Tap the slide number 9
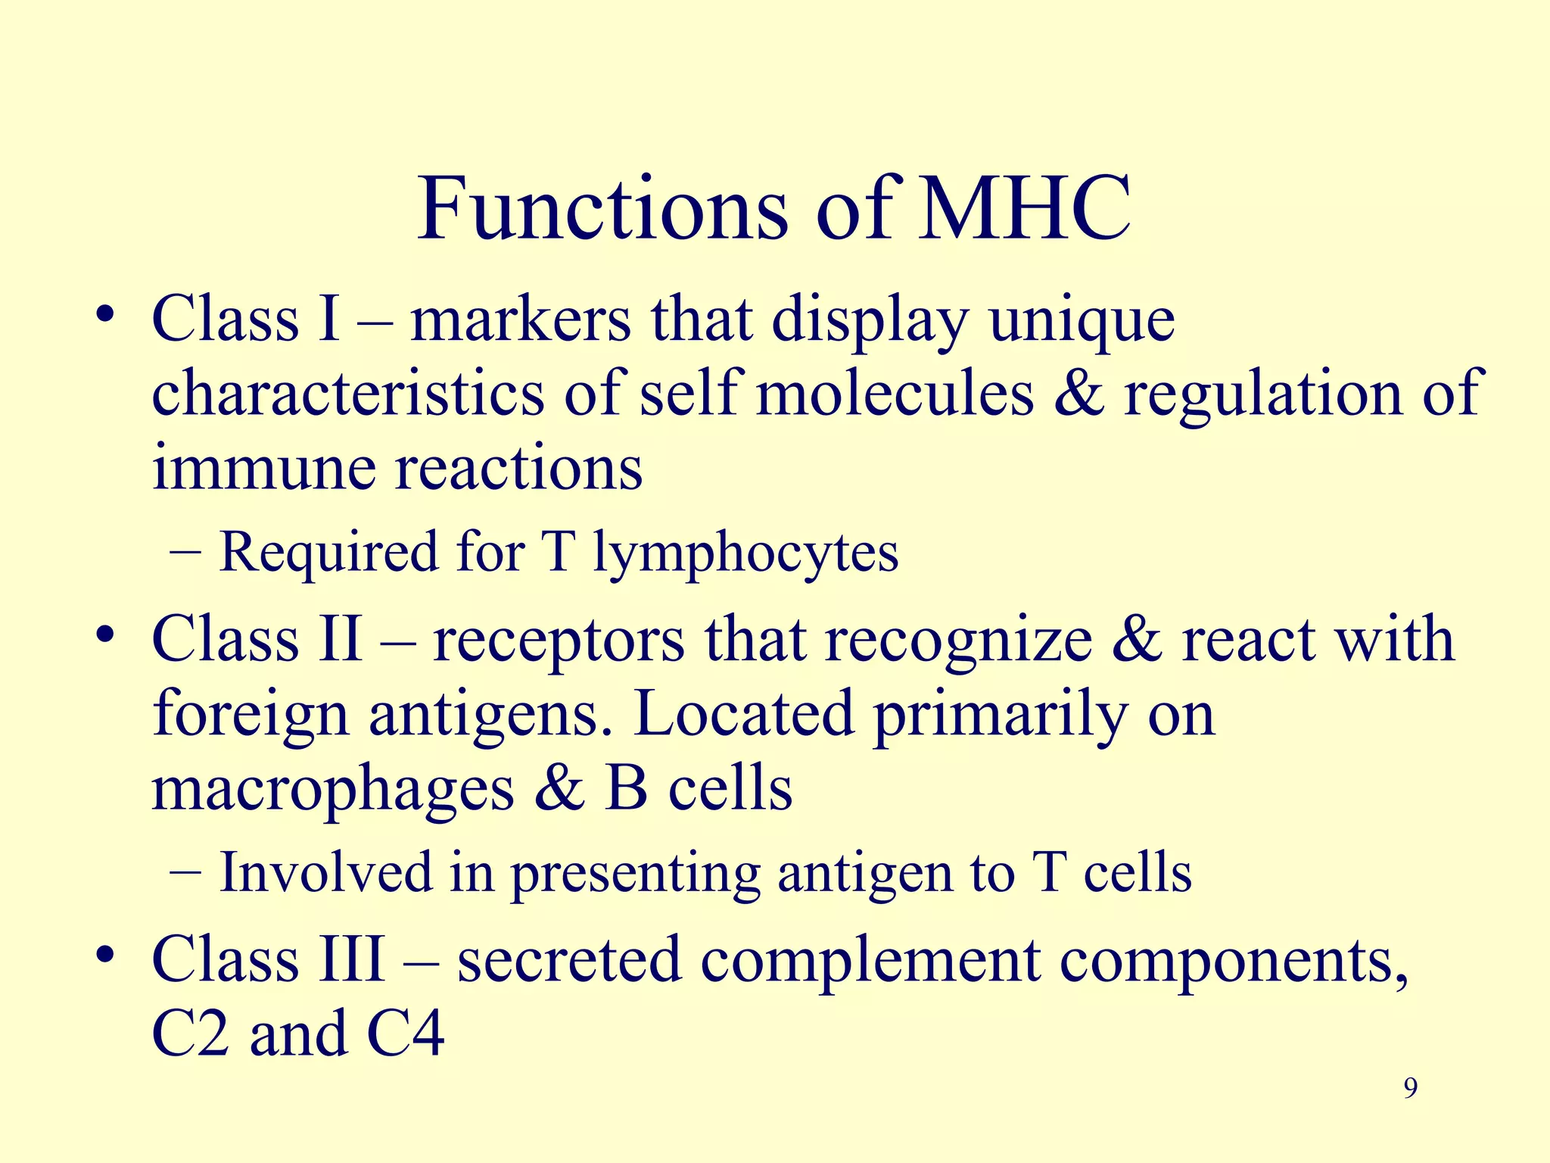point(1410,1088)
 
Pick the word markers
point(521,320)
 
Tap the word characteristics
point(348,394)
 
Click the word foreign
point(251,716)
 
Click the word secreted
point(569,960)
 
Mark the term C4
point(406,1034)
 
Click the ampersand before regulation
point(1079,394)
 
